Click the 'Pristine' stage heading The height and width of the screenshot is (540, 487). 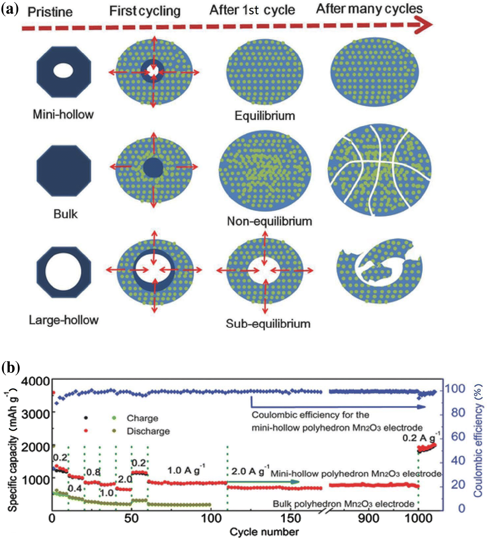click(x=50, y=12)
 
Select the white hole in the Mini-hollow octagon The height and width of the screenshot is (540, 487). click(x=63, y=71)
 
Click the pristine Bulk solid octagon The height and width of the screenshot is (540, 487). click(x=64, y=170)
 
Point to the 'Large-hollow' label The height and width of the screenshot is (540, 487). click(x=64, y=320)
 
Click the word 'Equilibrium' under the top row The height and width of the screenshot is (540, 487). click(x=265, y=116)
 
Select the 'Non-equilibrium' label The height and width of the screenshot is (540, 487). click(x=269, y=221)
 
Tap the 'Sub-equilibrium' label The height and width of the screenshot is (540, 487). click(x=268, y=323)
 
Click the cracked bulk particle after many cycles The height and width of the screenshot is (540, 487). click(x=379, y=170)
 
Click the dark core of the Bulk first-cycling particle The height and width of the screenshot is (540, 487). click(x=153, y=168)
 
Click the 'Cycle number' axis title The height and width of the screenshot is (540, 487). click(x=264, y=532)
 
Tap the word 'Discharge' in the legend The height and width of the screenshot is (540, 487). click(x=148, y=431)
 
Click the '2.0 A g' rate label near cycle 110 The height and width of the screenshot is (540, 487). click(x=248, y=471)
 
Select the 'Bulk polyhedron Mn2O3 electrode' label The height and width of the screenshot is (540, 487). click(x=343, y=504)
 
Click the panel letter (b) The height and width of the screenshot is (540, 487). click(x=11, y=368)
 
